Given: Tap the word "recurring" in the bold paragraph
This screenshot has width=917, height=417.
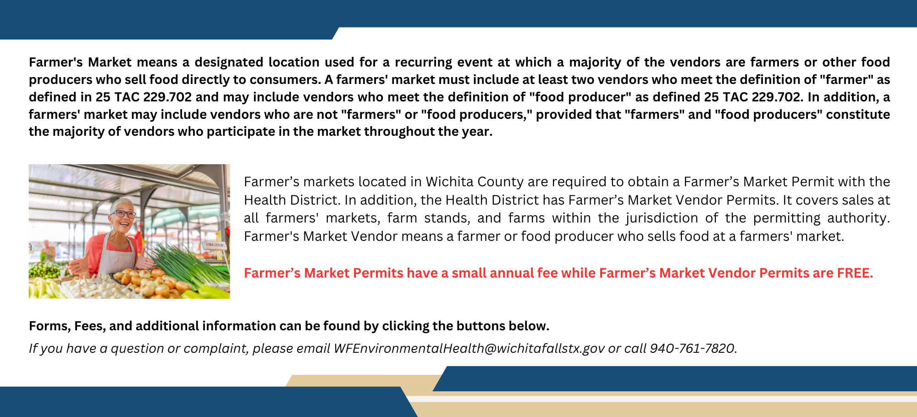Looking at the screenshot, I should (x=423, y=62).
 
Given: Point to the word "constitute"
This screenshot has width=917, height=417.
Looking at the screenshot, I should (x=858, y=114).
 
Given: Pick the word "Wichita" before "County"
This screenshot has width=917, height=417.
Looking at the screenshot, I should (x=449, y=182).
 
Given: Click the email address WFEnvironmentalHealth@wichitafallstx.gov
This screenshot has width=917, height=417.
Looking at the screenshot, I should (x=469, y=349).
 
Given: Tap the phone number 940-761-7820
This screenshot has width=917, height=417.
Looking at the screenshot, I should (x=693, y=349).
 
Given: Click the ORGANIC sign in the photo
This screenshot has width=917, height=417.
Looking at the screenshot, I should (x=215, y=245).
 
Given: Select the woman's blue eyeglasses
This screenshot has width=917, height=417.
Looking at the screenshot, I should (x=123, y=214).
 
